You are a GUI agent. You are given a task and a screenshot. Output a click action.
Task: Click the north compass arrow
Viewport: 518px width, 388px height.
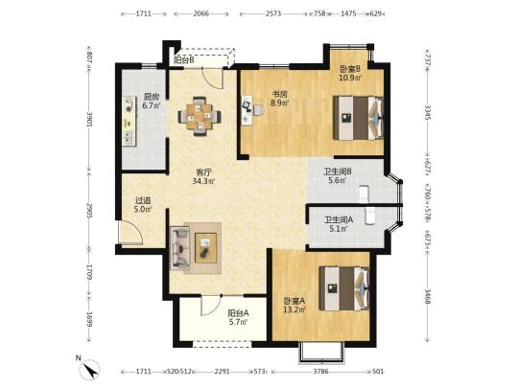pyautogui.click(x=91, y=370)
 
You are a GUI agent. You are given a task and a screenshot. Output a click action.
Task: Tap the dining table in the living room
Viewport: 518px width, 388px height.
pyautogui.click(x=200, y=117)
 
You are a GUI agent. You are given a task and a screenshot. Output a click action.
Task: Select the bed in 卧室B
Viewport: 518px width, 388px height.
pyautogui.click(x=358, y=118)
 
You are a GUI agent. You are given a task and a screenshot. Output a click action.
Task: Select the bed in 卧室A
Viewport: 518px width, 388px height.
pyautogui.click(x=344, y=288)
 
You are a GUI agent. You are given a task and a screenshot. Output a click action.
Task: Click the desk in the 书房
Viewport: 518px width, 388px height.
pyautogui.click(x=247, y=110)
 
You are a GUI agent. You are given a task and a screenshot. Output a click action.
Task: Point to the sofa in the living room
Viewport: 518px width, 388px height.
pyautogui.click(x=180, y=247)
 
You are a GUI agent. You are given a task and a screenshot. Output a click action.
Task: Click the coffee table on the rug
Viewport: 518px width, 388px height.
pyautogui.click(x=206, y=248)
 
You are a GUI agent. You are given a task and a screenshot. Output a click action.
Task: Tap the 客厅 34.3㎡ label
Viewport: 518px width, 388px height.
pyautogui.click(x=203, y=177)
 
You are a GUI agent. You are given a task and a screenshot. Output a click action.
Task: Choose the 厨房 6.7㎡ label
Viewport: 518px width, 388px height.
pyautogui.click(x=152, y=102)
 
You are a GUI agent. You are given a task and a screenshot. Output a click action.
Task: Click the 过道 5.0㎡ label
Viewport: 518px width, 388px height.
pyautogui.click(x=143, y=205)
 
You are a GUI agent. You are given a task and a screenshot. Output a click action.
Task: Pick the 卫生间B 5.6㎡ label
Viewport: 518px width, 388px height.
pyautogui.click(x=338, y=176)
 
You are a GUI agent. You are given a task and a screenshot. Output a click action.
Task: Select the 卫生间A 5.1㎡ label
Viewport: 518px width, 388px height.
pyautogui.click(x=339, y=224)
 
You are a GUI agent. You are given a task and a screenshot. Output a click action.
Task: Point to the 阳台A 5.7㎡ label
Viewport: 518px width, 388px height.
pyautogui.click(x=238, y=317)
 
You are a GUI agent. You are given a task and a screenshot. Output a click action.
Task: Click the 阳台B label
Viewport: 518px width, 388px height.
pyautogui.click(x=183, y=60)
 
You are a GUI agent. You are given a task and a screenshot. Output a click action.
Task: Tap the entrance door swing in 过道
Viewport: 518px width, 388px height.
pyautogui.click(x=131, y=232)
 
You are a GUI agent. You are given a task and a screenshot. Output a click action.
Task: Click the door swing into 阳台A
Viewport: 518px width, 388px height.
pyautogui.click(x=211, y=306)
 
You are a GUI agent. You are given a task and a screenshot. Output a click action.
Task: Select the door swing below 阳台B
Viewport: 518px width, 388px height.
pyautogui.click(x=212, y=79)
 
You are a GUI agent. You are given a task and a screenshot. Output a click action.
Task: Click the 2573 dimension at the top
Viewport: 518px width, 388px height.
pyautogui.click(x=273, y=13)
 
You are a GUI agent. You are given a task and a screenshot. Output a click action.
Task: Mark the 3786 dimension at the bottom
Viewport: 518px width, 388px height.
pyautogui.click(x=320, y=372)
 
